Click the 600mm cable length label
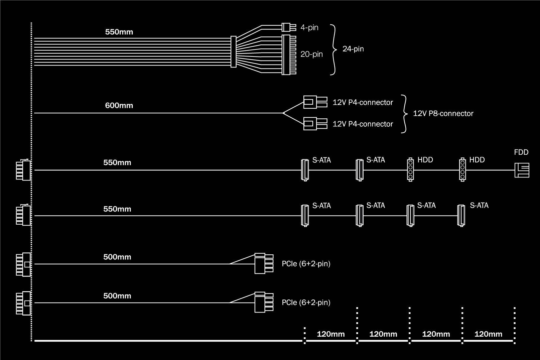pos(119,106)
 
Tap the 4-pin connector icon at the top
pos(288,27)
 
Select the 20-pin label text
pos(311,54)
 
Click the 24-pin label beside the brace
pos(353,49)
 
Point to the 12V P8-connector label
pos(443,114)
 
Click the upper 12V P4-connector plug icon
pos(315,102)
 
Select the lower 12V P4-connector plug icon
pos(315,124)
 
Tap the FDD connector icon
pos(522,170)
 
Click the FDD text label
pos(521,152)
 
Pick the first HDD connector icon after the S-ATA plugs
pos(410,170)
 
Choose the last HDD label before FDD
pos(477,160)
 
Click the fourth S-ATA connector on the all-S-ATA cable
pos(461,216)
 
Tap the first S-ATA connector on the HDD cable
pos(305,170)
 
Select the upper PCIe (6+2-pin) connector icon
pos(264,263)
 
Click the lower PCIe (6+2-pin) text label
pos(306,303)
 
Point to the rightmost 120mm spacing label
pos(488,334)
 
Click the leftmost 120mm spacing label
pos(330,334)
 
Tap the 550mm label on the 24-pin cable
pos(119,32)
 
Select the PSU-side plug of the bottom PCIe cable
pos(23,303)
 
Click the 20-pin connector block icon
pos(289,54)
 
